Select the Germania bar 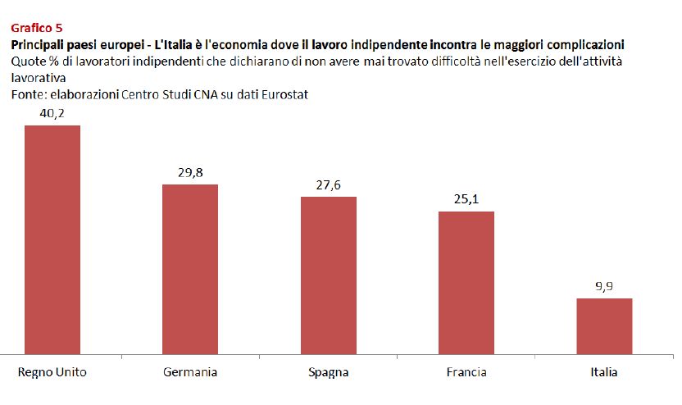pos(190,269)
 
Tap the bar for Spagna pos(328,275)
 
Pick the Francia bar pos(466,283)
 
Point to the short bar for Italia pos(604,326)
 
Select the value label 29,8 pos(190,173)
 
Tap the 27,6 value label pos(328,185)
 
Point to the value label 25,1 pos(466,200)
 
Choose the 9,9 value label pos(604,287)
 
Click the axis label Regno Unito pos(52,372)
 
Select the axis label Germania pos(190,372)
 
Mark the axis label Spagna pos(328,372)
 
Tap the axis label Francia pos(466,372)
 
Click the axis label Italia pos(604,372)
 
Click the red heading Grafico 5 pos(36,27)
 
